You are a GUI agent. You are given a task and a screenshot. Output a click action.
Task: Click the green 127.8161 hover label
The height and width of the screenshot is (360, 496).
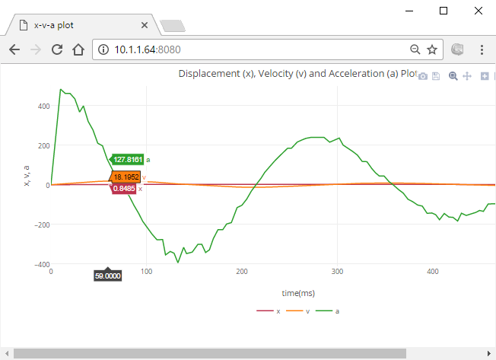point(128,160)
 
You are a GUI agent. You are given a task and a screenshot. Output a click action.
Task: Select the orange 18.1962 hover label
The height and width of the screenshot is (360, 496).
point(126,177)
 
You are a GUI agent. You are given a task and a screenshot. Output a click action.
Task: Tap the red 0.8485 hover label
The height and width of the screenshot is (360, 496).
point(125,188)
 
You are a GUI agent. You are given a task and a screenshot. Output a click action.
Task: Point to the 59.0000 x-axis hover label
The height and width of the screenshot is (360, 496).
point(107,276)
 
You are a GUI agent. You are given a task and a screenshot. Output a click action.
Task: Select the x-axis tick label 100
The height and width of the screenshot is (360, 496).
point(146,271)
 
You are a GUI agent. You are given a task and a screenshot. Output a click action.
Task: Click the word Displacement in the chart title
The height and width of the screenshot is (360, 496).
point(208,74)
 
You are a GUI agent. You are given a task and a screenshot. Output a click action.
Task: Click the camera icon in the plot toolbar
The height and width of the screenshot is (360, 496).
point(423,76)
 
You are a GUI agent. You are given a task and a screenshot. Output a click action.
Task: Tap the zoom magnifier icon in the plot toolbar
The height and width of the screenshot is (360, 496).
point(453,76)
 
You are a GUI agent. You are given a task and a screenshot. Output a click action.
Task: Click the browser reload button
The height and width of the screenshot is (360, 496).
point(56,50)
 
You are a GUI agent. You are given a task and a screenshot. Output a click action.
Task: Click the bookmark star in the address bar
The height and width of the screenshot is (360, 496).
point(431,50)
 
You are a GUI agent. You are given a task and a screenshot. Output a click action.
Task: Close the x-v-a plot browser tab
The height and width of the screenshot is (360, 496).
point(145,25)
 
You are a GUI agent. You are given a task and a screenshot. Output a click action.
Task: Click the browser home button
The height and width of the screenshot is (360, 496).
point(78,50)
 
